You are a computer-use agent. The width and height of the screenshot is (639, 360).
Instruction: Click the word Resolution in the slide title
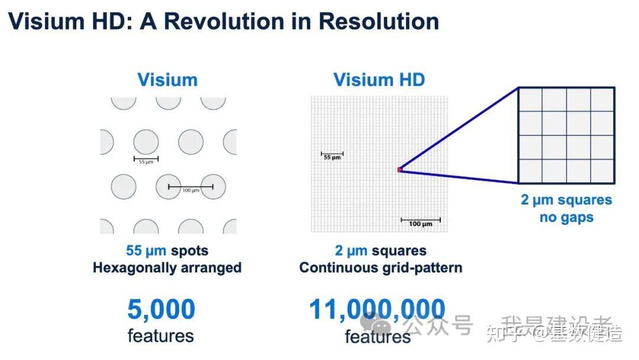click(379, 21)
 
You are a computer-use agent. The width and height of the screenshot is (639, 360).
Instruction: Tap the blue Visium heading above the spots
click(167, 79)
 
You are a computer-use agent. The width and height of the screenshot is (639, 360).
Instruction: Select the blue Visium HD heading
click(379, 79)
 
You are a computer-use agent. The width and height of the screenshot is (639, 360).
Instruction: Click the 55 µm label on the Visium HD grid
click(332, 157)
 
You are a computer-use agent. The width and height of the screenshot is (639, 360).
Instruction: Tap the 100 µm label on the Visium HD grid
click(420, 224)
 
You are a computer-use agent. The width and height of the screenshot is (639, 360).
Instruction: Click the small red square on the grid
click(399, 170)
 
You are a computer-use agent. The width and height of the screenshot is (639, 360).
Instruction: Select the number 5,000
click(161, 310)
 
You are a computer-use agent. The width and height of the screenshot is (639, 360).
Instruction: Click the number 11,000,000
click(377, 310)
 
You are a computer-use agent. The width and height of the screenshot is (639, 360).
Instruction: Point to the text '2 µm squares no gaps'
click(566, 208)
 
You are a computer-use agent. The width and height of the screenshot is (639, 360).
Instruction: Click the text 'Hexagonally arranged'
click(167, 268)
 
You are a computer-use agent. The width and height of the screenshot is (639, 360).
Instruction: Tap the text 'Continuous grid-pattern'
click(380, 268)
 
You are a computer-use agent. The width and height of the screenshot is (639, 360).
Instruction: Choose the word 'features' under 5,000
click(160, 336)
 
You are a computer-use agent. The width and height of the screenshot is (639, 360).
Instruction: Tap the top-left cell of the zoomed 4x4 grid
click(530, 99)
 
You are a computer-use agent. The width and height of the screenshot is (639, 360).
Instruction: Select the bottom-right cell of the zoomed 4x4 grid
click(602, 171)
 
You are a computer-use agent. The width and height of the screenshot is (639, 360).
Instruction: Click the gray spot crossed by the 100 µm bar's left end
click(168, 187)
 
